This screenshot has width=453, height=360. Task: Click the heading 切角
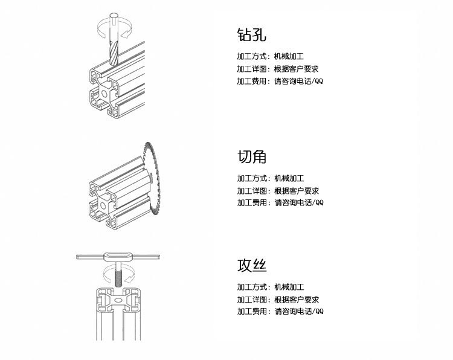tap(252, 157)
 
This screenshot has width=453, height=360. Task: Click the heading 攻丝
tap(252, 266)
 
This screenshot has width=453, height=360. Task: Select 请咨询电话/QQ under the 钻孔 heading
tap(299, 81)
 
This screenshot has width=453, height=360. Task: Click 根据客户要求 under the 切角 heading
tap(297, 190)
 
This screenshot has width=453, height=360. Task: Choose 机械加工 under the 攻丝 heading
tap(289, 287)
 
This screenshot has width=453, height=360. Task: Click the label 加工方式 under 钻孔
tap(252, 56)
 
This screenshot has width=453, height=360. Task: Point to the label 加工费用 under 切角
tap(252, 202)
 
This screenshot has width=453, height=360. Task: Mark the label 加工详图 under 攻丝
tap(252, 299)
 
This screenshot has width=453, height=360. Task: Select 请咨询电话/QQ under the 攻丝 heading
tap(299, 312)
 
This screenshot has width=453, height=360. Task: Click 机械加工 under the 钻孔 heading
tap(289, 56)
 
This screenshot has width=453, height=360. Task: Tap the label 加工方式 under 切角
tap(252, 178)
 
